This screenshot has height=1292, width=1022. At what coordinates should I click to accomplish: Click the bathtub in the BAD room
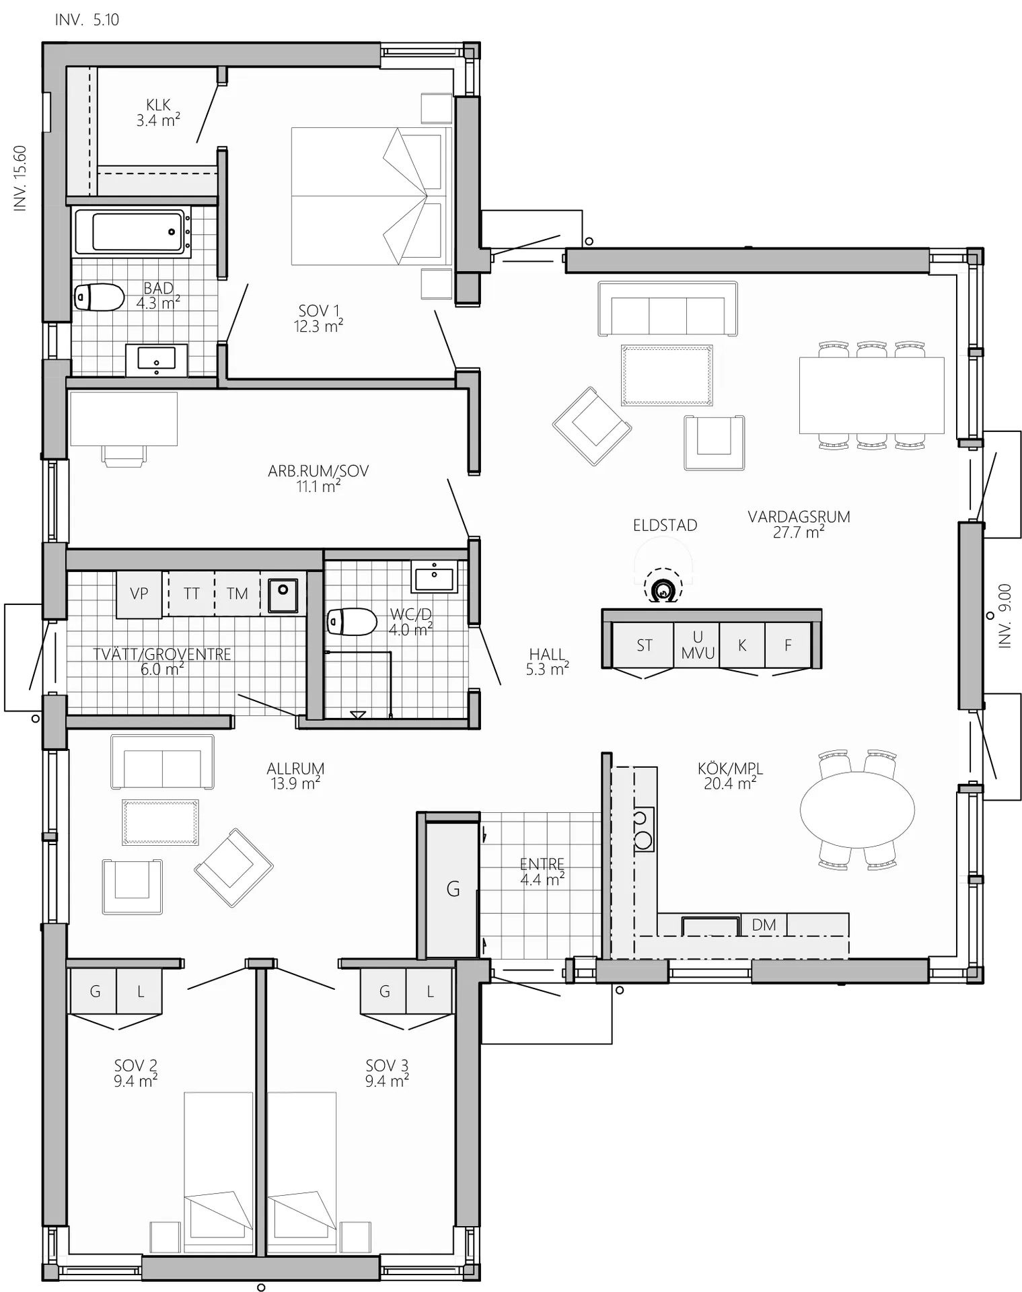133,231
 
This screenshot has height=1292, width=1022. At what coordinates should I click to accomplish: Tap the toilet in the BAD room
99,297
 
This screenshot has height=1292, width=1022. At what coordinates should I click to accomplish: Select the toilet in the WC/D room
352,622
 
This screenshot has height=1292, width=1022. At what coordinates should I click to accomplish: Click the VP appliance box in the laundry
139,594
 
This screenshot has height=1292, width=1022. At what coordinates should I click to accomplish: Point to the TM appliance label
238,594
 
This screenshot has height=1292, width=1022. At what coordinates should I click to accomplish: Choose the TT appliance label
192,594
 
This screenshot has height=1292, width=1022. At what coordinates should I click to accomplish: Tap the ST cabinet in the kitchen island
643,645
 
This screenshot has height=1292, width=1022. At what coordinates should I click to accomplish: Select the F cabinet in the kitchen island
788,645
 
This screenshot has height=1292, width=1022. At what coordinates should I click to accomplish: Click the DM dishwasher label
764,925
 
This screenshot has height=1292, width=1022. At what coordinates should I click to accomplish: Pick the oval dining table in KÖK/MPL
857,810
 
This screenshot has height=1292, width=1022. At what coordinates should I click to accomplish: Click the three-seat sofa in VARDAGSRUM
667,309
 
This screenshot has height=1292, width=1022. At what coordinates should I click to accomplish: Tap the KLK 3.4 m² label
158,113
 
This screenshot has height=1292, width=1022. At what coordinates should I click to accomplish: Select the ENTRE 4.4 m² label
542,871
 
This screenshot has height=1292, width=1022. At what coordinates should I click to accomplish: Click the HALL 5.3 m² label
548,661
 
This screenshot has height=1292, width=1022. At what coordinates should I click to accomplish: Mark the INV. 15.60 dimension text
20,178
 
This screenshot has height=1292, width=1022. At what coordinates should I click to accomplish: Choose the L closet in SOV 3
429,991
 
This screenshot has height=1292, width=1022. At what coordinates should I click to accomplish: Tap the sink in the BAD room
157,358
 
